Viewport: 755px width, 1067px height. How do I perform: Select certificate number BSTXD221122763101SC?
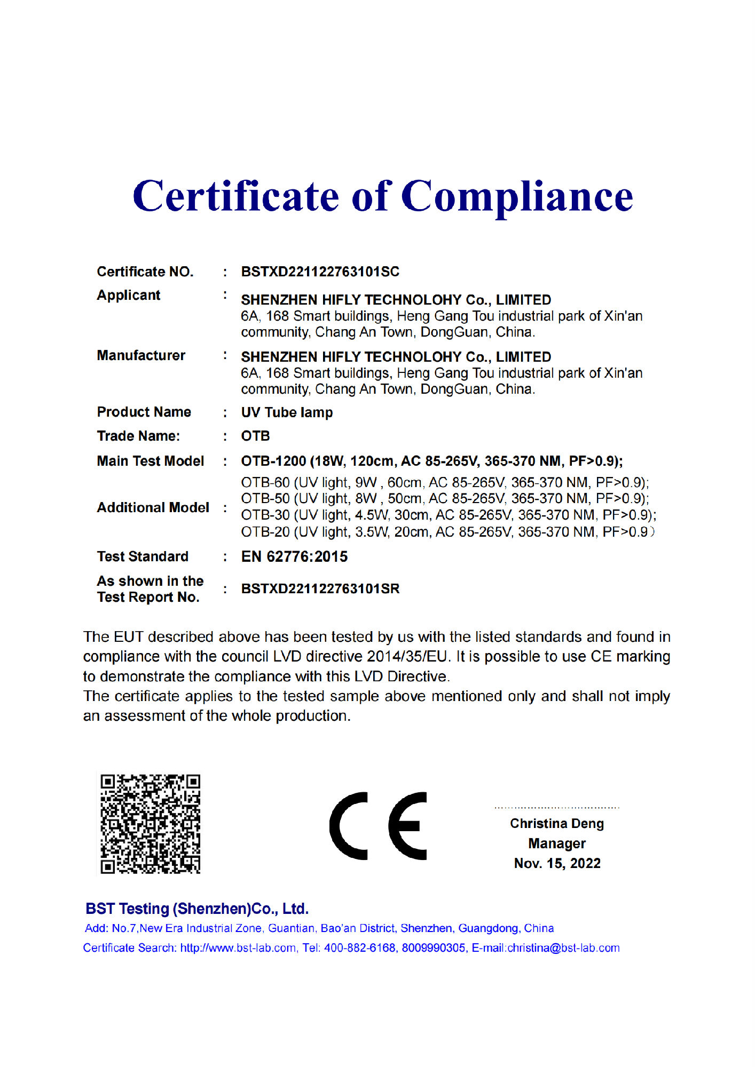click(x=320, y=272)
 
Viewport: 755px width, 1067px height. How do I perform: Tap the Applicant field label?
click(x=129, y=295)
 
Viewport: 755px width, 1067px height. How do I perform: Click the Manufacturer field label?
click(x=141, y=355)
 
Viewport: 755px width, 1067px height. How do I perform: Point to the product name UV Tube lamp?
click(x=287, y=412)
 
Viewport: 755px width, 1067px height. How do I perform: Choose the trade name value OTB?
click(x=255, y=436)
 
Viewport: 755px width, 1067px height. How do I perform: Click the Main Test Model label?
click(x=151, y=461)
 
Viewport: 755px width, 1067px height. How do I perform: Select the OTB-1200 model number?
click(x=273, y=461)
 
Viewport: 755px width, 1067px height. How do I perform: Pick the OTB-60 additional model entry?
click(x=265, y=483)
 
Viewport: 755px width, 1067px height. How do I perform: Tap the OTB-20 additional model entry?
click(x=265, y=532)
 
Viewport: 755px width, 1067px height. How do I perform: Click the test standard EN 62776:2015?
click(x=294, y=556)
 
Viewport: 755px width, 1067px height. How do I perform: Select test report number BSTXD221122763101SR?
click(x=320, y=588)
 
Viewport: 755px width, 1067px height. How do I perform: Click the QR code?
click(x=151, y=824)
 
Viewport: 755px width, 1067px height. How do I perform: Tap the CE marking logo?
click(x=378, y=825)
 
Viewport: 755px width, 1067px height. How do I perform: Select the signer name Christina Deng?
click(x=556, y=823)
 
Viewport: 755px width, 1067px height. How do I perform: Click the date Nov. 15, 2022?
click(x=557, y=863)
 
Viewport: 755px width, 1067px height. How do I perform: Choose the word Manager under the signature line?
click(x=556, y=843)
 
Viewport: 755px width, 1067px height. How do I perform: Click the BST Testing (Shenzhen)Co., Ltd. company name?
click(x=197, y=909)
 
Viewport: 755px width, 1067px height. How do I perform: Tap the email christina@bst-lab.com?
click(x=563, y=948)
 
